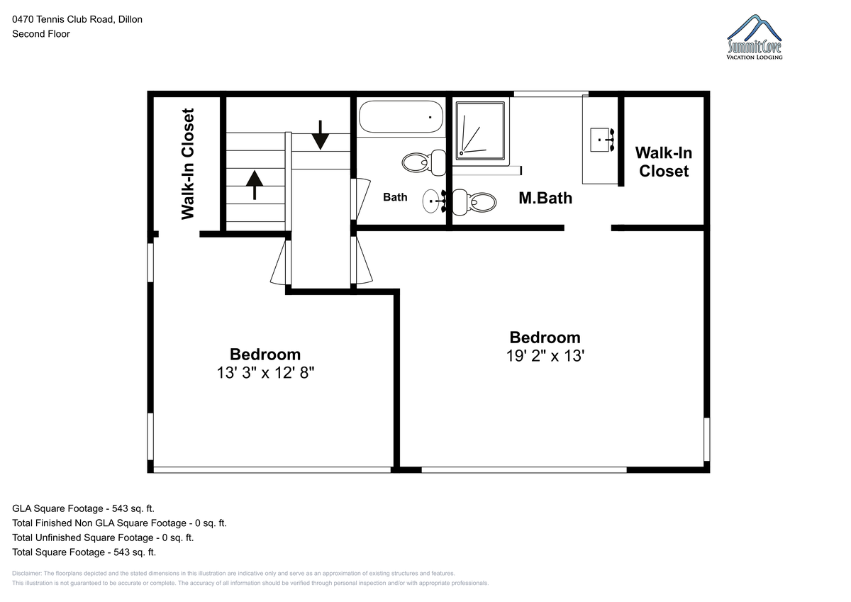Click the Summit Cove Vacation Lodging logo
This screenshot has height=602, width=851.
click(x=755, y=37)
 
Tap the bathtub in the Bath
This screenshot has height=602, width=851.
click(x=401, y=116)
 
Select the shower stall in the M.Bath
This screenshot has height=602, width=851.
click(x=480, y=131)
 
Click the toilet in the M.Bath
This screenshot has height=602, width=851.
click(x=474, y=201)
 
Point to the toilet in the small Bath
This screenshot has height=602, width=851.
click(x=424, y=162)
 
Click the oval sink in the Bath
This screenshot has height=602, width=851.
click(x=431, y=201)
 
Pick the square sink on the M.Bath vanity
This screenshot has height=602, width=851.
click(x=599, y=140)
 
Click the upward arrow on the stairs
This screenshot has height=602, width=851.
click(x=254, y=185)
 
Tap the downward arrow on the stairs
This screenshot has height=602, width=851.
click(x=321, y=135)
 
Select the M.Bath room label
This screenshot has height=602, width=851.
click(x=545, y=198)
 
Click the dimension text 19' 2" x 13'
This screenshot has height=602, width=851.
click(x=545, y=356)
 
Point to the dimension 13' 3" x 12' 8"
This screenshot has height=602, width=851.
click(x=265, y=372)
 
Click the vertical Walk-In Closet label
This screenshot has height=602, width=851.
click(x=188, y=164)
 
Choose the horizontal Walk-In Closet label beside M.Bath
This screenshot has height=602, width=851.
click(x=664, y=162)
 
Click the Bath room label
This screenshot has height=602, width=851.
click(x=395, y=197)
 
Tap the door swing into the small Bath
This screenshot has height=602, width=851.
click(x=360, y=199)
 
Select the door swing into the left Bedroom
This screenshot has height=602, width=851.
click(x=281, y=262)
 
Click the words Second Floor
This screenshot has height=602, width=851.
click(x=41, y=34)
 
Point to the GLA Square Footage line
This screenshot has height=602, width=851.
click(x=83, y=508)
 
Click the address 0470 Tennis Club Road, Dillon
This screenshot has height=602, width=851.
click(x=77, y=19)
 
